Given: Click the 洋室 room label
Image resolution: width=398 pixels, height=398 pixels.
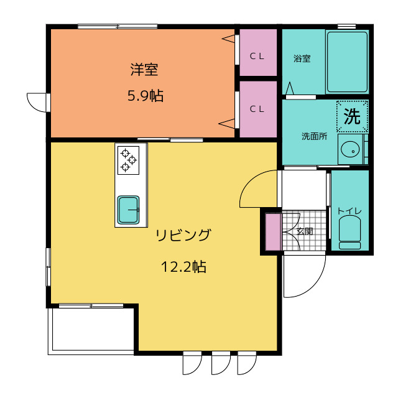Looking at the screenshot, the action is [x=144, y=69].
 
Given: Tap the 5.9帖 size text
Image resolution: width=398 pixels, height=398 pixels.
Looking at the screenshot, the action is [x=145, y=96].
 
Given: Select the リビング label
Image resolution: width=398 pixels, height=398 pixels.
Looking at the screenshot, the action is [x=183, y=235].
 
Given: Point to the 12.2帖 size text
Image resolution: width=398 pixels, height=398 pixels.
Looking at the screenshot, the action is [x=183, y=267].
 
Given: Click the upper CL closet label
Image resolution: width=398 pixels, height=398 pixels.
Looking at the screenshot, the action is [x=257, y=57].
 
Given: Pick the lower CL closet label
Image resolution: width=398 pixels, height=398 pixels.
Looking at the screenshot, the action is [x=257, y=109].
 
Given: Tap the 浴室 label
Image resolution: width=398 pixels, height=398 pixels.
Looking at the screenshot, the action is [x=302, y=58].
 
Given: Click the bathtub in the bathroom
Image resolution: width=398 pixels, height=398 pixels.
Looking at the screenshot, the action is [x=347, y=62].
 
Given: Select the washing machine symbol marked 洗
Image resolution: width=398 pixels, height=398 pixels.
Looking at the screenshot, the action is [x=353, y=116].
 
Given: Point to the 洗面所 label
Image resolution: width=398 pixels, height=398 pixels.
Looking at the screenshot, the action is [x=315, y=136].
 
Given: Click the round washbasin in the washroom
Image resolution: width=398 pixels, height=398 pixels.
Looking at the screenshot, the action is [x=350, y=149].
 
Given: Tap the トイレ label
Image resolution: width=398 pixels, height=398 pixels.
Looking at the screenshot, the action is [x=349, y=211].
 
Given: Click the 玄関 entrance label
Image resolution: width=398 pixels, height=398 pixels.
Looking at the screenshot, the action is [x=305, y=231].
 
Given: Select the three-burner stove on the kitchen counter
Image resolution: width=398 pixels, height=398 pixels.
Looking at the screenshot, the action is [x=129, y=160].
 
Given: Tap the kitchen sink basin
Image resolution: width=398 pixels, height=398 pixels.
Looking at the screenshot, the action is [x=129, y=210].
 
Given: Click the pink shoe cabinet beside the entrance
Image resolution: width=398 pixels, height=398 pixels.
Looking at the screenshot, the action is [x=273, y=232].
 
